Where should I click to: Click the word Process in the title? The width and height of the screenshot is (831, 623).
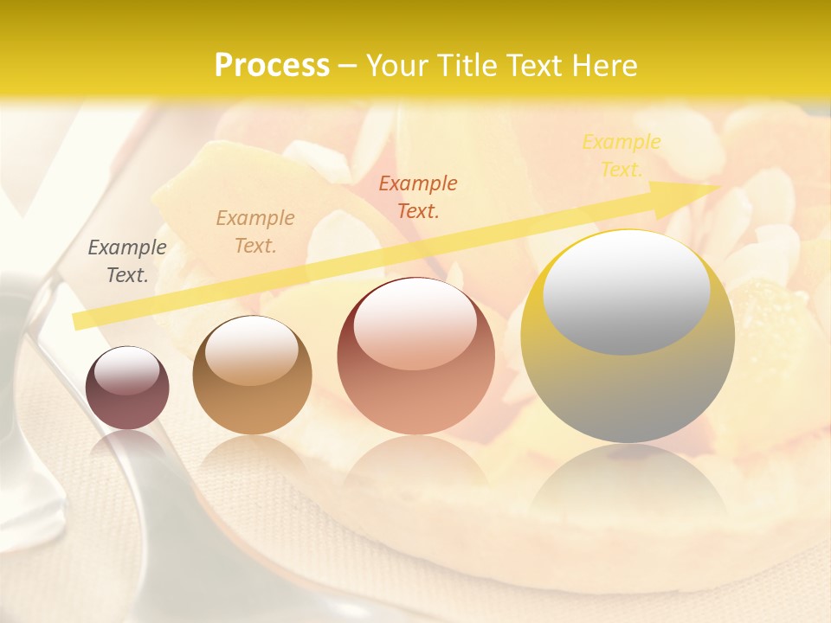click(272, 66)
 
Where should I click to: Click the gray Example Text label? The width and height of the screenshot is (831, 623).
click(127, 261)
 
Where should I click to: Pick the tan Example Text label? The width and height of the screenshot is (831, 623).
click(255, 232)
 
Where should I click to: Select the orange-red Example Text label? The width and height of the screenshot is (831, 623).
click(418, 197)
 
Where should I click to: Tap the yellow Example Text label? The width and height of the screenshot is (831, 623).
click(622, 156)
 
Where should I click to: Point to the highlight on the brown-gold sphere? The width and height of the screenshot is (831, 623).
click(251, 350)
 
